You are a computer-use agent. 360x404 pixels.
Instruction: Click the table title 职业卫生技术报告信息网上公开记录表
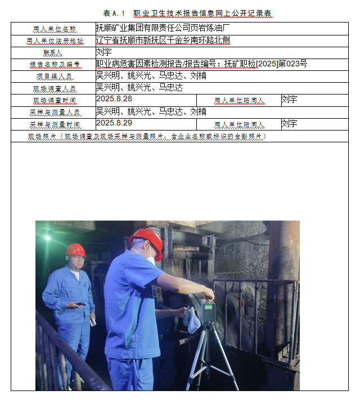[x=203, y=13]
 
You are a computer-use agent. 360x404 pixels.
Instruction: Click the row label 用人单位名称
[x=54, y=29]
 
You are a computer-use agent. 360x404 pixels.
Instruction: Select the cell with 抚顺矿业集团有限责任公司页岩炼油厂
[x=163, y=28]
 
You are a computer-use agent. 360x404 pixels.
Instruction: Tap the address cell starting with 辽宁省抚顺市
[x=163, y=40]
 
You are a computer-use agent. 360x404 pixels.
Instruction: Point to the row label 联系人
[x=53, y=52]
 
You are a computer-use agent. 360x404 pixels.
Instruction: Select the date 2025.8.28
[x=114, y=98]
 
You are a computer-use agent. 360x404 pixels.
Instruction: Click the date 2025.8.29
[x=114, y=123]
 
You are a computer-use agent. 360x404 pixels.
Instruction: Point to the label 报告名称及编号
[x=54, y=65]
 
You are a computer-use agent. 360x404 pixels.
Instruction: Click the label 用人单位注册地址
[x=54, y=41]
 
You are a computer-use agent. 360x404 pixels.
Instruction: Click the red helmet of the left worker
[x=75, y=250]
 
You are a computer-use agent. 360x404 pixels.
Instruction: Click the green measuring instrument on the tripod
[x=208, y=311]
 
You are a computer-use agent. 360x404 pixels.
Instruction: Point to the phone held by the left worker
[x=81, y=304]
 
